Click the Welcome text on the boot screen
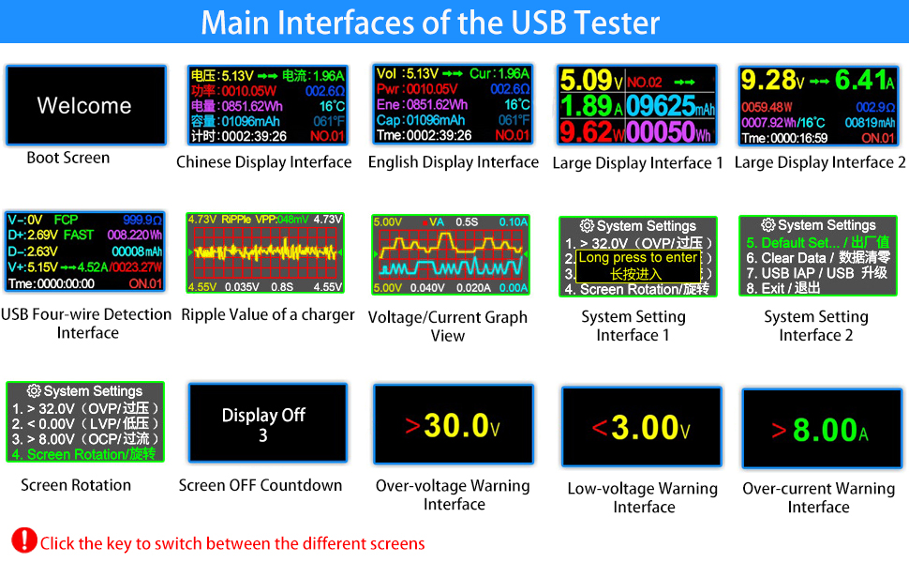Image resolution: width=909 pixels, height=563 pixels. pyautogui.click(x=84, y=105)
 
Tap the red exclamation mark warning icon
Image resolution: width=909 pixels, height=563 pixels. pyautogui.click(x=23, y=540)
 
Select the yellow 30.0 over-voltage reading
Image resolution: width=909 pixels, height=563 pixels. pyautogui.click(x=456, y=426)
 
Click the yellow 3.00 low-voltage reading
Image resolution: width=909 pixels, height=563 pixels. pyautogui.click(x=644, y=429)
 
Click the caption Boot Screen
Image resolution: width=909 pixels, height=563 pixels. pyautogui.click(x=67, y=158)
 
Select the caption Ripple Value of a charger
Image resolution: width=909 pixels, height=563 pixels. pyautogui.click(x=268, y=315)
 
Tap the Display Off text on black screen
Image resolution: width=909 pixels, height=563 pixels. pyautogui.click(x=263, y=415)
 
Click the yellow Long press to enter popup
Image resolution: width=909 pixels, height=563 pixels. pyautogui.click(x=637, y=266)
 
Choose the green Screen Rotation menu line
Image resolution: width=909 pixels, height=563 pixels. pyautogui.click(x=83, y=454)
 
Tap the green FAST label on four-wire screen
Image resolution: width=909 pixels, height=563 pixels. pyautogui.click(x=80, y=236)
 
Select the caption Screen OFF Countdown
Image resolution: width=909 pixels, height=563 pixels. pyautogui.click(x=261, y=485)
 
